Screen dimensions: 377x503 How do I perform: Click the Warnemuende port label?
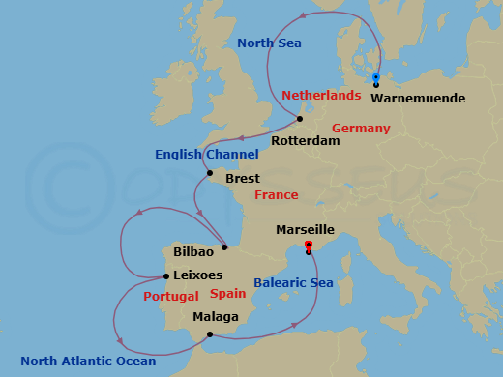(x=418, y=99)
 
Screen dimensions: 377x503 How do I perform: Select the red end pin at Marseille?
(x=308, y=246)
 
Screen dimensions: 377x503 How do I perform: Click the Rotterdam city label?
(x=306, y=140)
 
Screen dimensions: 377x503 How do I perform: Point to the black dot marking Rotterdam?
(x=300, y=120)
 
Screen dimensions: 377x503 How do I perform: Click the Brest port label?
(x=242, y=179)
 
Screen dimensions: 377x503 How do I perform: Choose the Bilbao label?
(x=192, y=251)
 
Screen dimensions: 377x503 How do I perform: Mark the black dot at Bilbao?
(x=224, y=246)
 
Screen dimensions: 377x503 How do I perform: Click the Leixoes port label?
(x=197, y=275)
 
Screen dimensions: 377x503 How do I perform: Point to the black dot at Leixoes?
(x=165, y=275)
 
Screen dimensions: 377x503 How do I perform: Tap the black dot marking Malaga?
(x=207, y=335)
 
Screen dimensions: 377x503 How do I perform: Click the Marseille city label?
(x=306, y=230)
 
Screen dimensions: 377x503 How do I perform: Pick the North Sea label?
(x=270, y=43)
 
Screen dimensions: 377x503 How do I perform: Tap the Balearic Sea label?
(x=294, y=283)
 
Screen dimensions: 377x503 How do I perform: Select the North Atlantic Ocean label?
(x=88, y=362)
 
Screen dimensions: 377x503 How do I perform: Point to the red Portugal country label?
(x=171, y=296)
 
